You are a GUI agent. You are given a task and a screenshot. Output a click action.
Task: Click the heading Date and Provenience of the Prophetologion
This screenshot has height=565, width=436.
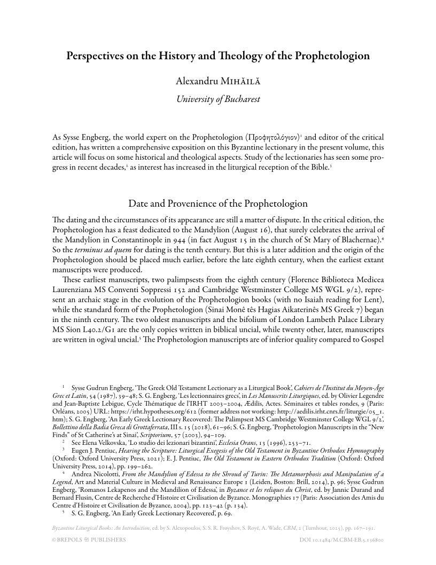[x=218, y=203]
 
